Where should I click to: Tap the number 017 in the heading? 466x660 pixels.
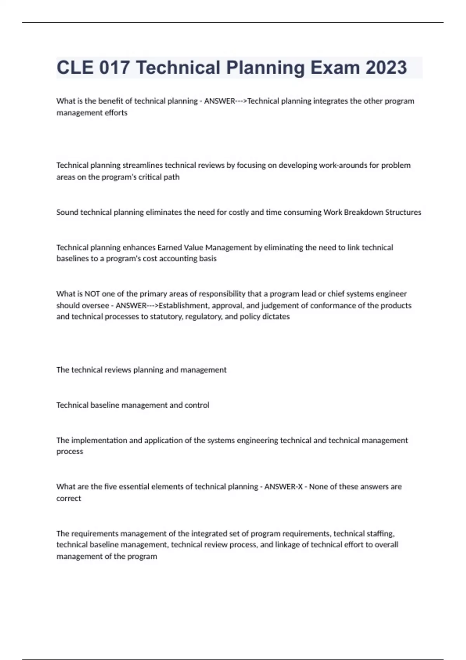(115, 68)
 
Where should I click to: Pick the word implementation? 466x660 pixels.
(100, 441)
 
